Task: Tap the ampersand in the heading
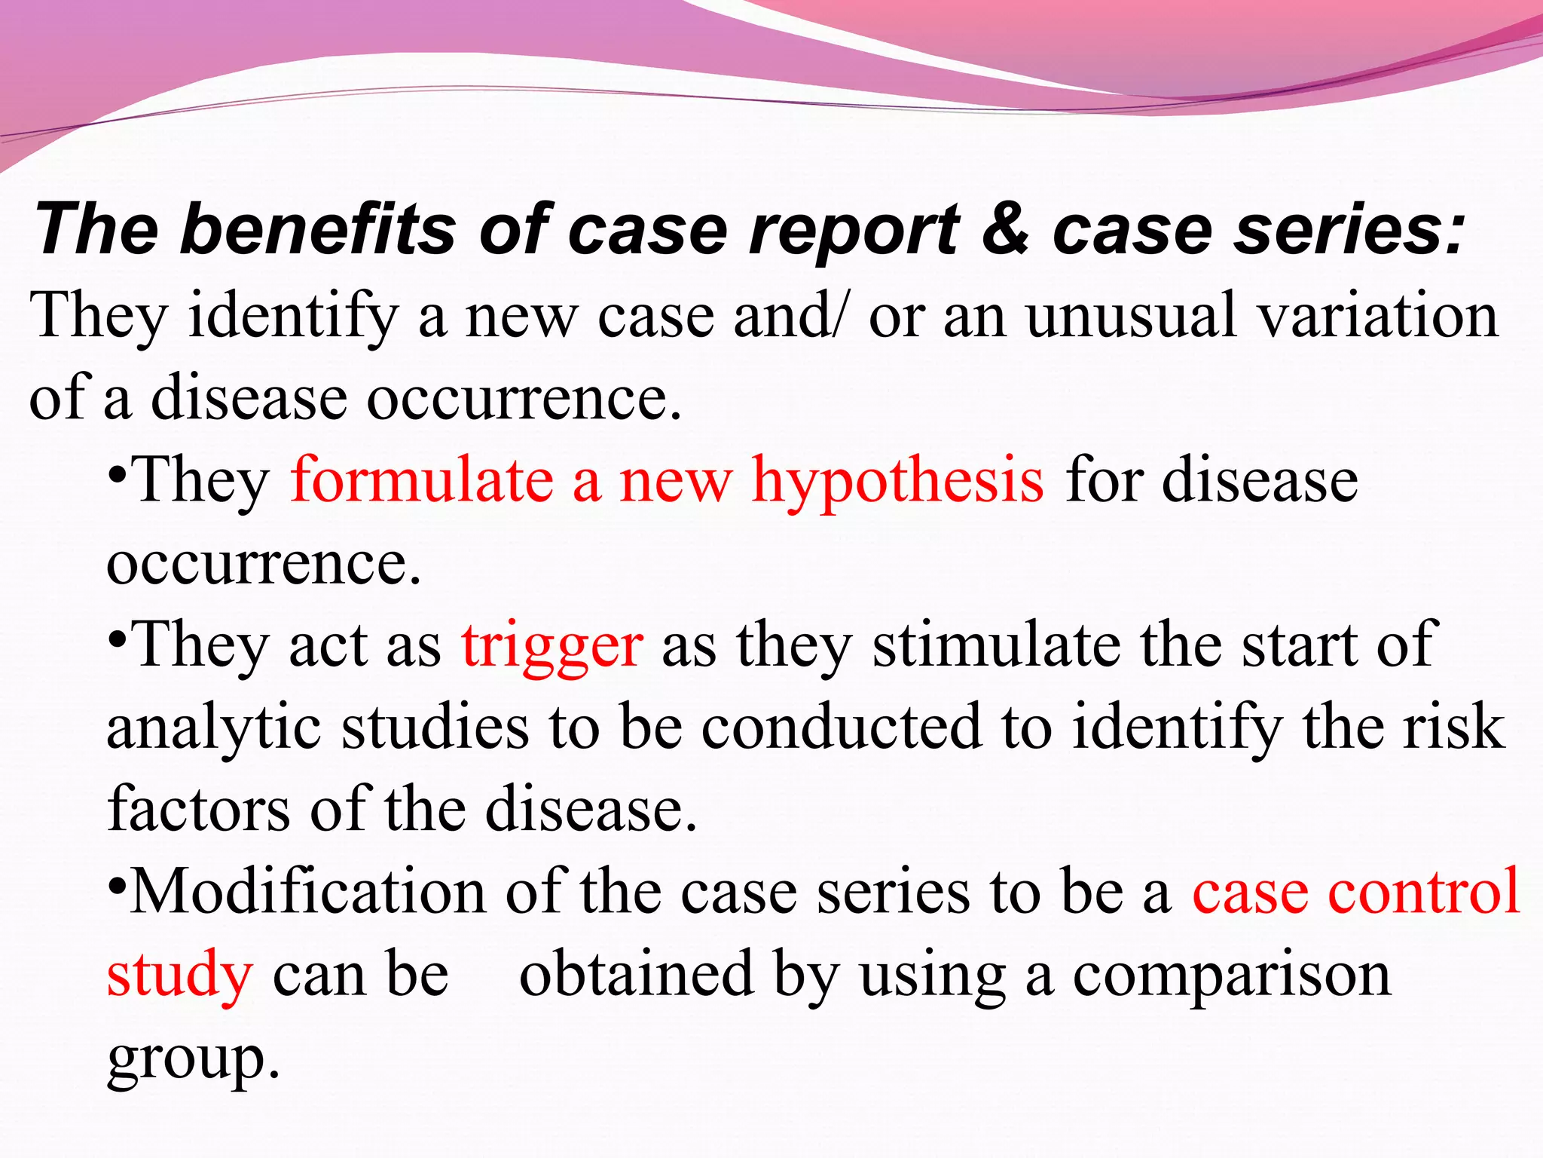pyautogui.click(x=1006, y=229)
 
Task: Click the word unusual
pyautogui.click(x=1129, y=316)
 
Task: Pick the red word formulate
pyautogui.click(x=422, y=480)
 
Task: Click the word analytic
pyautogui.click(x=213, y=728)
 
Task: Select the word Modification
pyautogui.click(x=308, y=892)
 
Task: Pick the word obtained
pyautogui.click(x=637, y=974)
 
